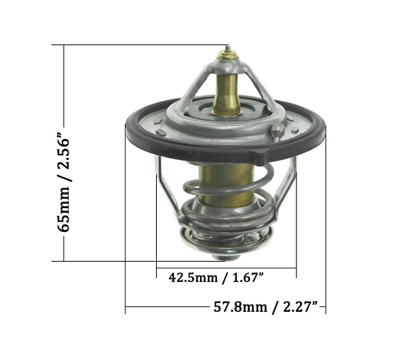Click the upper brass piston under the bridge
pyautogui.click(x=225, y=92)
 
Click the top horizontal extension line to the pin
pyautogui.click(x=136, y=45)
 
